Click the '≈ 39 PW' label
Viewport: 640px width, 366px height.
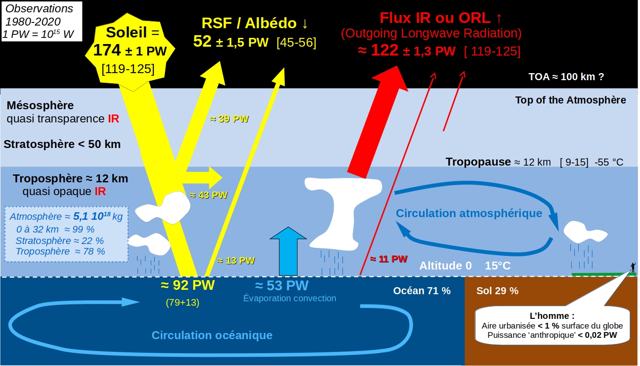point(229,119)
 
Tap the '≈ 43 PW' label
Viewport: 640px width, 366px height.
point(208,195)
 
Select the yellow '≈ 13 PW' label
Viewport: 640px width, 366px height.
point(236,260)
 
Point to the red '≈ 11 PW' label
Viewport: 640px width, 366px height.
point(388,259)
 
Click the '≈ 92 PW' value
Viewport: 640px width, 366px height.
point(188,285)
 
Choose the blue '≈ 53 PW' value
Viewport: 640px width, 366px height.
point(282,285)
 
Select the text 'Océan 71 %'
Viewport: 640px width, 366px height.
point(422,291)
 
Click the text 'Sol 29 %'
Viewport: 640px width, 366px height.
point(497,291)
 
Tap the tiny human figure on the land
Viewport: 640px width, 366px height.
point(633,267)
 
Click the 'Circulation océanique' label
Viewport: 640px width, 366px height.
point(212,335)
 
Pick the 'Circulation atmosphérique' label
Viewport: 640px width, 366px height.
point(469,214)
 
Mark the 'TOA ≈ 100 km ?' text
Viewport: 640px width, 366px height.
point(566,76)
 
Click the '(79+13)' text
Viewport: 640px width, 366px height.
point(183,303)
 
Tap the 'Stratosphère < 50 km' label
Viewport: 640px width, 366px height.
point(62,144)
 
